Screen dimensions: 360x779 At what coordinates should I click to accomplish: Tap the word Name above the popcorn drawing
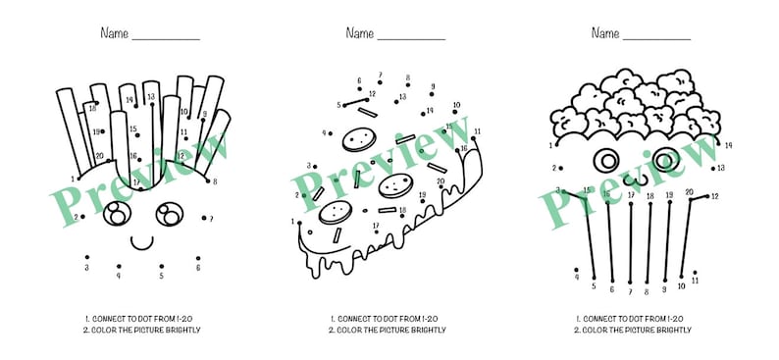[x=604, y=33]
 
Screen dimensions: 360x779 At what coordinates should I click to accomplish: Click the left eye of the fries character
[x=119, y=212]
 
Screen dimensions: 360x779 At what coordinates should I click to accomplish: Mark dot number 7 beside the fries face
[x=203, y=218]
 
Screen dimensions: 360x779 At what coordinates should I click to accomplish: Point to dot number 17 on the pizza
[x=377, y=232]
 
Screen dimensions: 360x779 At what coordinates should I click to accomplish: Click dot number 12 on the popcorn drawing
[x=707, y=196]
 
